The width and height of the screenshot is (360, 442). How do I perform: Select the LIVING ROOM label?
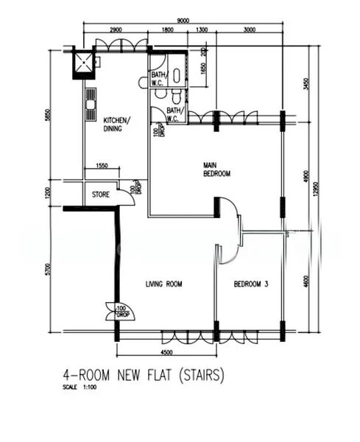[163, 284]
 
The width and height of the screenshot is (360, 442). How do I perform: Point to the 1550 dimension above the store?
[103, 166]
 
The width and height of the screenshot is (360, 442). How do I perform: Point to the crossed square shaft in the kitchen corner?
[84, 64]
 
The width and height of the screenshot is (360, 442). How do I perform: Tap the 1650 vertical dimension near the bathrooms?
[202, 72]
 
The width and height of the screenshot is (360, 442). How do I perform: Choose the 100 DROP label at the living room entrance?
[121, 310]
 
